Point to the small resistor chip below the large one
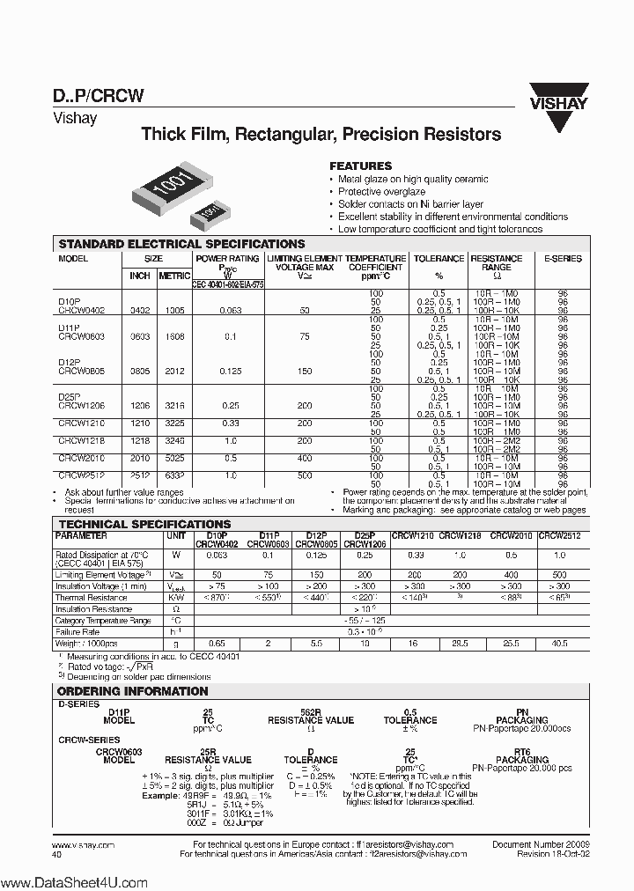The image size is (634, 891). (x=209, y=212)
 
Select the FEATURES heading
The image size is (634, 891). (x=360, y=166)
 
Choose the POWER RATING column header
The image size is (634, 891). (x=227, y=259)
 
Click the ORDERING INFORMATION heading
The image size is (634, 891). (x=132, y=691)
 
